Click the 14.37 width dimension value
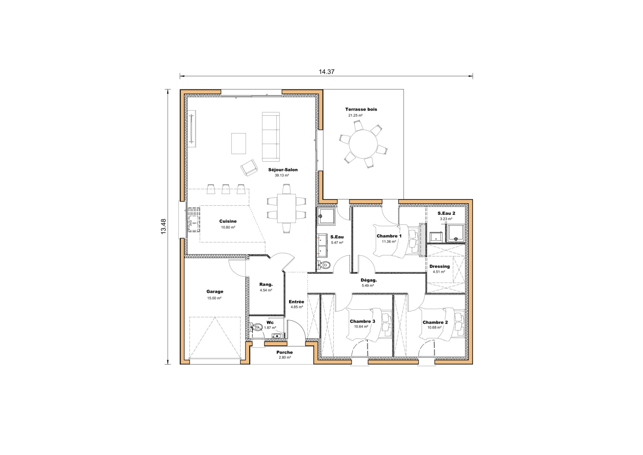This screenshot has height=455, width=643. click(327, 72)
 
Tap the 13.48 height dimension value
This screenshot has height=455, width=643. click(164, 226)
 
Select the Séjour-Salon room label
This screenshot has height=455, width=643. click(283, 170)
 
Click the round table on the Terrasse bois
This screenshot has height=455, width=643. click(363, 145)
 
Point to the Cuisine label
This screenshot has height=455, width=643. click(228, 221)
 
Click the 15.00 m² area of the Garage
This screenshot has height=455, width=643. click(214, 298)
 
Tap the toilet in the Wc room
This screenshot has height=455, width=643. click(257, 327)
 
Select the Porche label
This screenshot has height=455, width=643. click(284, 352)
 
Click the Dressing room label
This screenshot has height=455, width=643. click(439, 266)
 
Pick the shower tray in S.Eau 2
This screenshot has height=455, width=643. click(456, 234)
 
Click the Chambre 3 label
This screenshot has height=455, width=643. click(362, 321)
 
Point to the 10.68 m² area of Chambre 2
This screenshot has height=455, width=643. click(434, 328)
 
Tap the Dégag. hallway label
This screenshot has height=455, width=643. click(369, 280)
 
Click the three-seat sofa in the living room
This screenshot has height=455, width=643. click(271, 137)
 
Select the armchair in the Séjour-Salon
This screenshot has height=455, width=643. click(249, 168)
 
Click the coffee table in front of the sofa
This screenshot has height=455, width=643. click(239, 144)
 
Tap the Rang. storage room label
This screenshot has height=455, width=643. click(266, 285)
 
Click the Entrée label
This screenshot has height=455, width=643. click(296, 302)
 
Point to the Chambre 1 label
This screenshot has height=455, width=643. click(389, 236)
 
